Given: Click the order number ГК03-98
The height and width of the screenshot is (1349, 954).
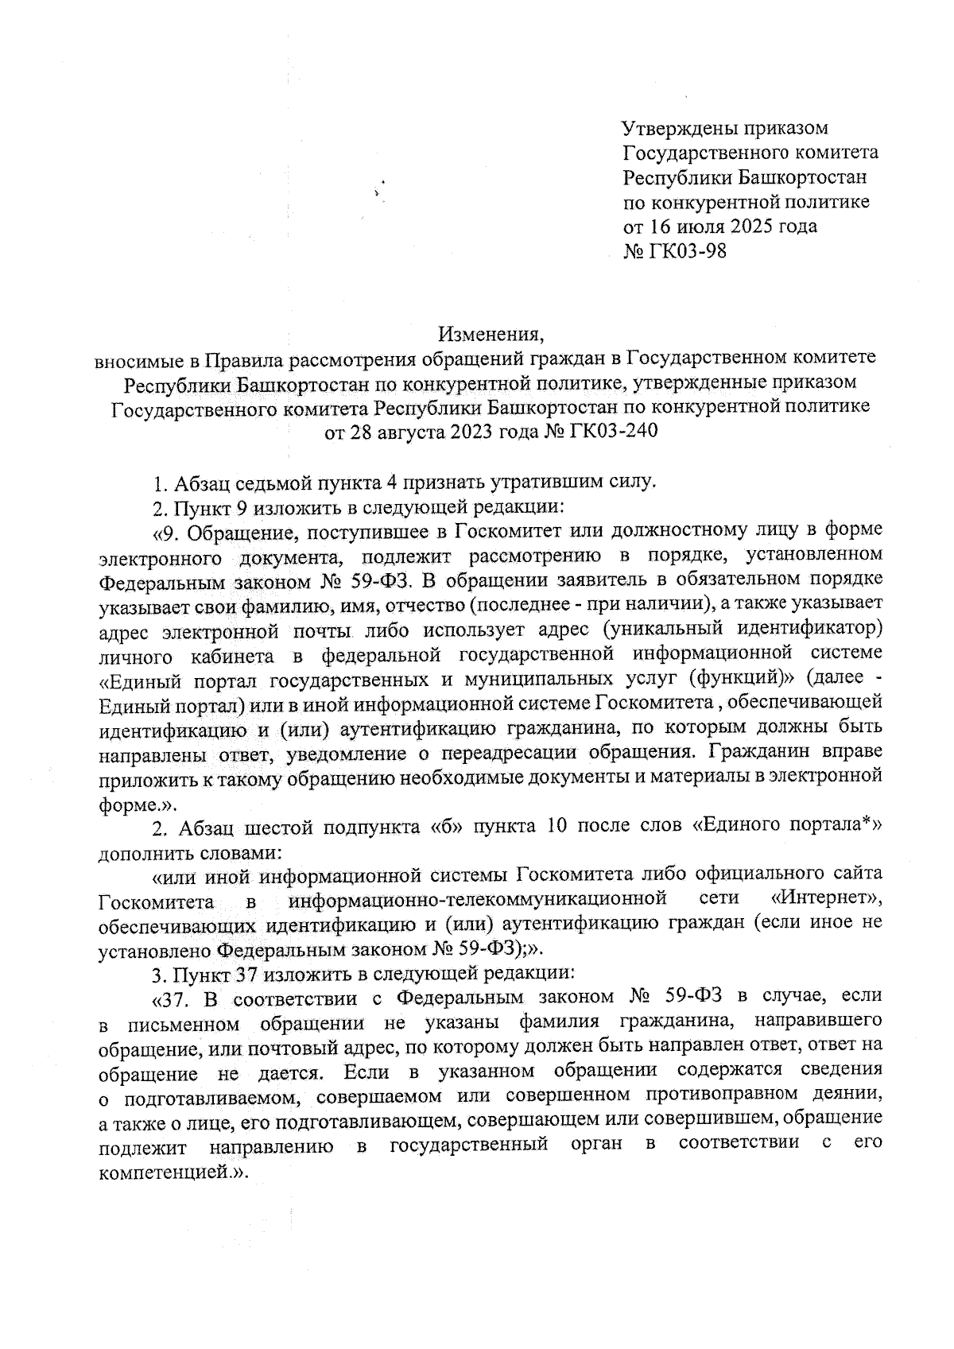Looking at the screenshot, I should pyautogui.click(x=686, y=251).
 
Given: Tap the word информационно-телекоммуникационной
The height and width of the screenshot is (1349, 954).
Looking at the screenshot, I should pyautogui.click(x=476, y=900).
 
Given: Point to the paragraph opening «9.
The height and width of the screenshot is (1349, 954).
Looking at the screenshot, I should pyautogui.click(x=166, y=530).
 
